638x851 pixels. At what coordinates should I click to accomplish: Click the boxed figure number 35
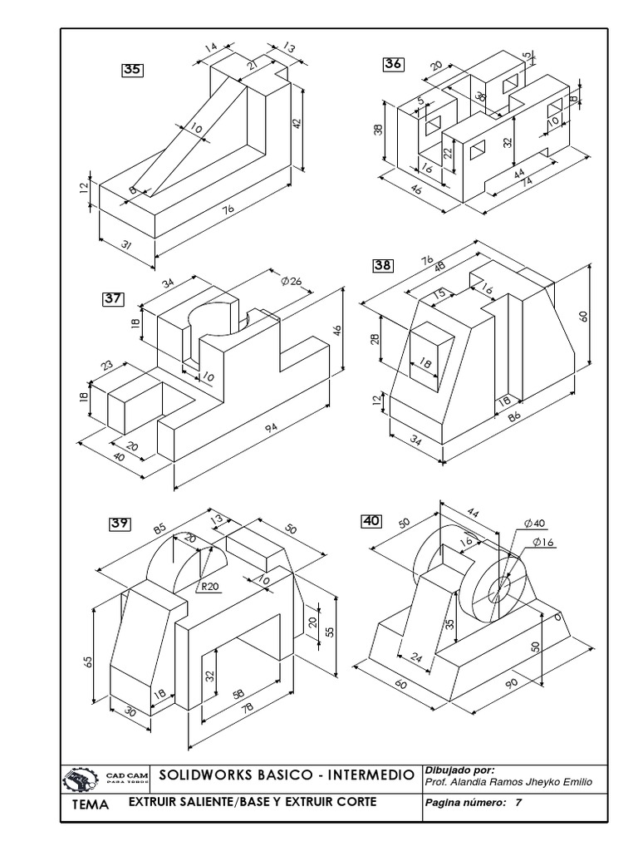pyautogui.click(x=133, y=71)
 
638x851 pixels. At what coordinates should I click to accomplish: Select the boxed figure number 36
pyautogui.click(x=393, y=64)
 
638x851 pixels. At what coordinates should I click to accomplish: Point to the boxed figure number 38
pyautogui.click(x=383, y=265)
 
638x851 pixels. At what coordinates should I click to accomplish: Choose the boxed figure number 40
pyautogui.click(x=371, y=521)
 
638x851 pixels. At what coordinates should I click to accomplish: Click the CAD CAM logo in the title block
pyautogui.click(x=105, y=779)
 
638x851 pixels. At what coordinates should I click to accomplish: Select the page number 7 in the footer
pyautogui.click(x=518, y=804)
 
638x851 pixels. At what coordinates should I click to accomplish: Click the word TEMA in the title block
pyautogui.click(x=91, y=805)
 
